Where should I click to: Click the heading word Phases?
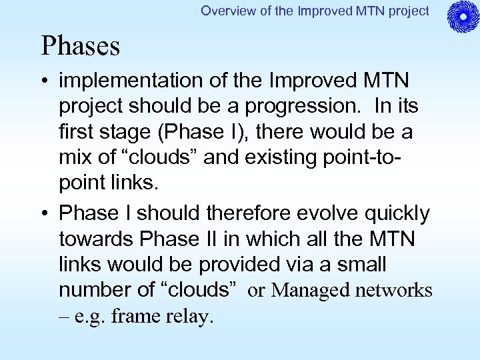click(x=81, y=46)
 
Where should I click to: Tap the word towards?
click(x=97, y=239)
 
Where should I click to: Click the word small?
click(x=359, y=265)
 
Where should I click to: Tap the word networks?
click(x=394, y=291)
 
